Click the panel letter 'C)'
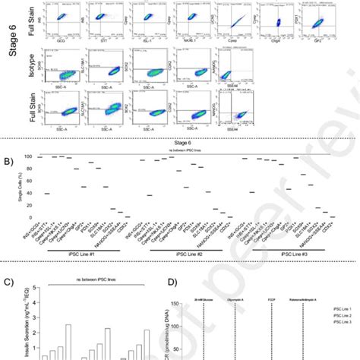click(8, 283)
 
